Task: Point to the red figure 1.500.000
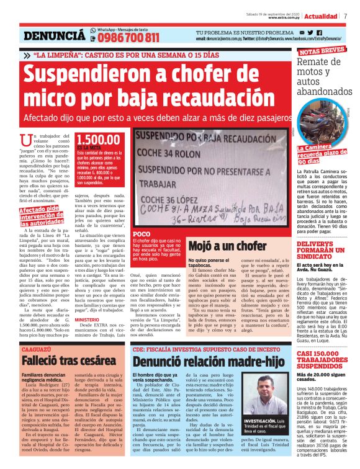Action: pyautogui.click(x=99, y=141)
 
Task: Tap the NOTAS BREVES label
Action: pyautogui.click(x=322, y=51)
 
